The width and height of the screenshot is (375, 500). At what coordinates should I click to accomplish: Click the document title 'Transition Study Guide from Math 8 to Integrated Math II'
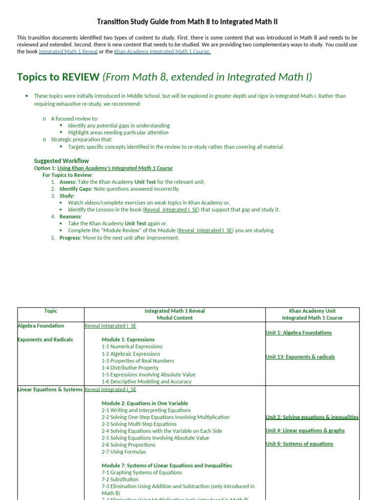click(187, 22)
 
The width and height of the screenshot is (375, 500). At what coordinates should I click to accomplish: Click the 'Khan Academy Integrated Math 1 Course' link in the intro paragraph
click(162, 52)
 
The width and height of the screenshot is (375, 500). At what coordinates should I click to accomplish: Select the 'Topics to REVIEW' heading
click(58, 77)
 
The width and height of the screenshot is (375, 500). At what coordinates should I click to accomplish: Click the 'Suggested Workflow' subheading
click(61, 161)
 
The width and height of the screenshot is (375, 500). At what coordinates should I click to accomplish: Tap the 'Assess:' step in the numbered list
click(68, 182)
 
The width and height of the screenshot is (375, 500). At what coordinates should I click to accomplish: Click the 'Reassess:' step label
click(71, 216)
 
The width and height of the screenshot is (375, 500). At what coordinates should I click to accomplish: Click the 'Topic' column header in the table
click(51, 311)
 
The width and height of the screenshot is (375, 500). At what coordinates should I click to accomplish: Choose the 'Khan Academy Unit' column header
click(312, 311)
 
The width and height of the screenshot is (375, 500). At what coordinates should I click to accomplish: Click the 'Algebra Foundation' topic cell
click(41, 326)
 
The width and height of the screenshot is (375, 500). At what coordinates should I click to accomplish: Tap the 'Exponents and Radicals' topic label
click(45, 339)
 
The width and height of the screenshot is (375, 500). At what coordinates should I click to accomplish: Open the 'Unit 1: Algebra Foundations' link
click(298, 333)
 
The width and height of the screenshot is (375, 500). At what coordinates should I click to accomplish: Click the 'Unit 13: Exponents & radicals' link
click(300, 357)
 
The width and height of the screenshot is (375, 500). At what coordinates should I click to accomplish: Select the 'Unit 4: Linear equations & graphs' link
click(305, 431)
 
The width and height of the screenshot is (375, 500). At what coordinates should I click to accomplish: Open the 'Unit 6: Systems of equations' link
click(299, 444)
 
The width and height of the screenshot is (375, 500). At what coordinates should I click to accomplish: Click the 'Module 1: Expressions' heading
click(128, 339)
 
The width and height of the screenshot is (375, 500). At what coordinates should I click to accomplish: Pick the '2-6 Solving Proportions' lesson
click(128, 445)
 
